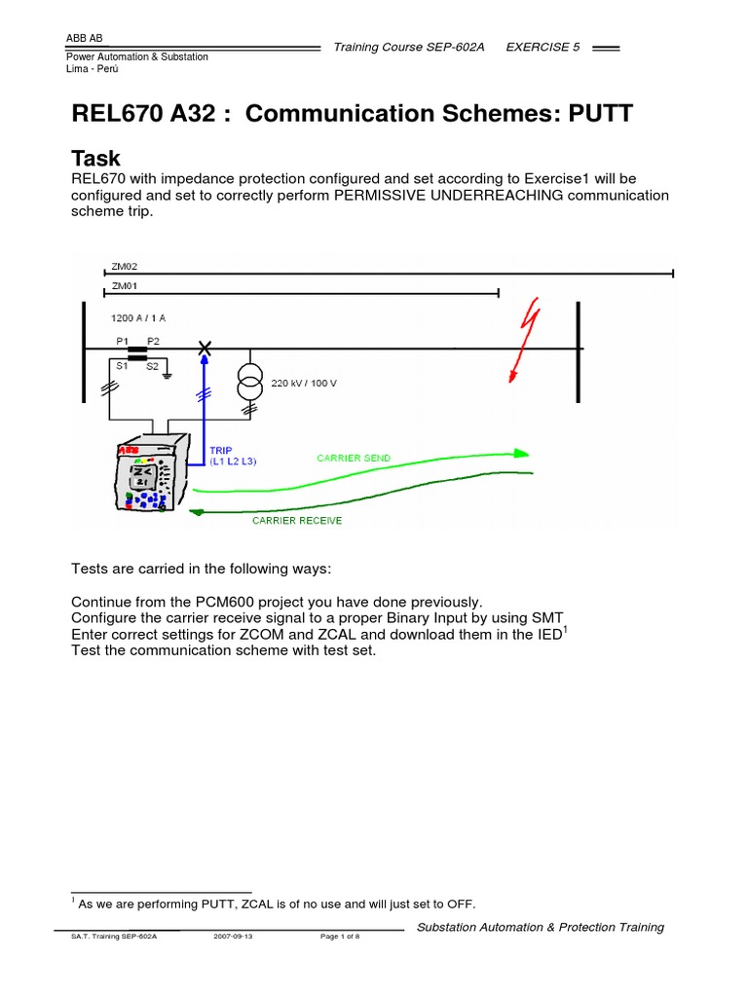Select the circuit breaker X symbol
[205, 349]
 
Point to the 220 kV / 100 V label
[303, 383]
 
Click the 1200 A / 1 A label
[138, 317]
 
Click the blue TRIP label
[222, 451]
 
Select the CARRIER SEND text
[354, 458]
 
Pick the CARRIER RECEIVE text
[297, 521]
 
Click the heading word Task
[96, 159]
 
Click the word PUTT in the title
[596, 114]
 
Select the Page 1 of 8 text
[340, 936]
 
